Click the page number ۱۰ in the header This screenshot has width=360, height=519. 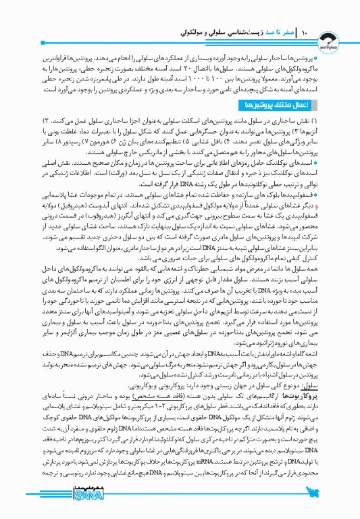[305, 31]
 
